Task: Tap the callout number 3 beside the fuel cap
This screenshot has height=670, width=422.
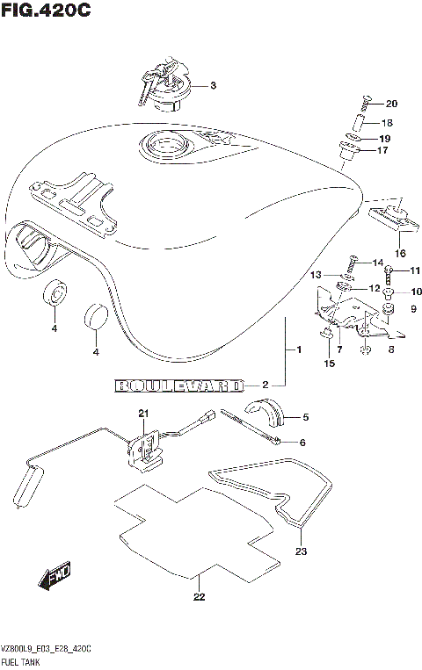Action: click(x=213, y=86)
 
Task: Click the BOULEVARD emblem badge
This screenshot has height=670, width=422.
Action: click(x=178, y=385)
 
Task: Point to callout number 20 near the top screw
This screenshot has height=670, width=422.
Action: click(x=391, y=104)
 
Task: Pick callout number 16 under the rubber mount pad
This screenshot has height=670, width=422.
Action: click(x=400, y=253)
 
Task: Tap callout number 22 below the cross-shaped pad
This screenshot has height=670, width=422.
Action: click(x=200, y=598)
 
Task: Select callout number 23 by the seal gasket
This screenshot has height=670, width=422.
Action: click(x=302, y=551)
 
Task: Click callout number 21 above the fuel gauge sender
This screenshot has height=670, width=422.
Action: click(x=142, y=414)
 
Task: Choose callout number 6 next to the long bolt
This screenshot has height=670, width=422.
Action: click(x=302, y=442)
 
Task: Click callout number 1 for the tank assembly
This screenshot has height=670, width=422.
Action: click(x=299, y=351)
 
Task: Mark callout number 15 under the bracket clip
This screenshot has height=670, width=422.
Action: click(x=329, y=363)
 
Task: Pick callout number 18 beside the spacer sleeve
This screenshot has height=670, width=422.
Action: click(x=387, y=123)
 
